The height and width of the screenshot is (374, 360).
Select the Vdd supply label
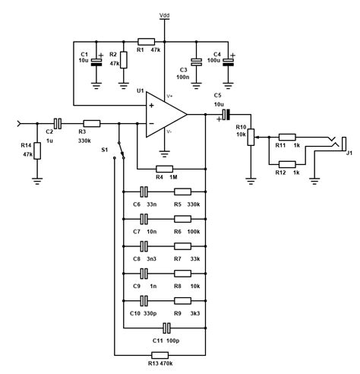[x=165, y=14]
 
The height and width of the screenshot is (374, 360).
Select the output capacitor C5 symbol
[x=226, y=114]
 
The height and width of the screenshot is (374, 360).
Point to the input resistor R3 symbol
[x=91, y=122]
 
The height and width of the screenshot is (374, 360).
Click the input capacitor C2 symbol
[x=58, y=122]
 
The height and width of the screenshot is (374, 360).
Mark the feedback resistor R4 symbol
[x=165, y=168]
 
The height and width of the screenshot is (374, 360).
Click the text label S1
[x=104, y=150]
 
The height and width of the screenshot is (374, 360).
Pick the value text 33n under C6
[x=151, y=204]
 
